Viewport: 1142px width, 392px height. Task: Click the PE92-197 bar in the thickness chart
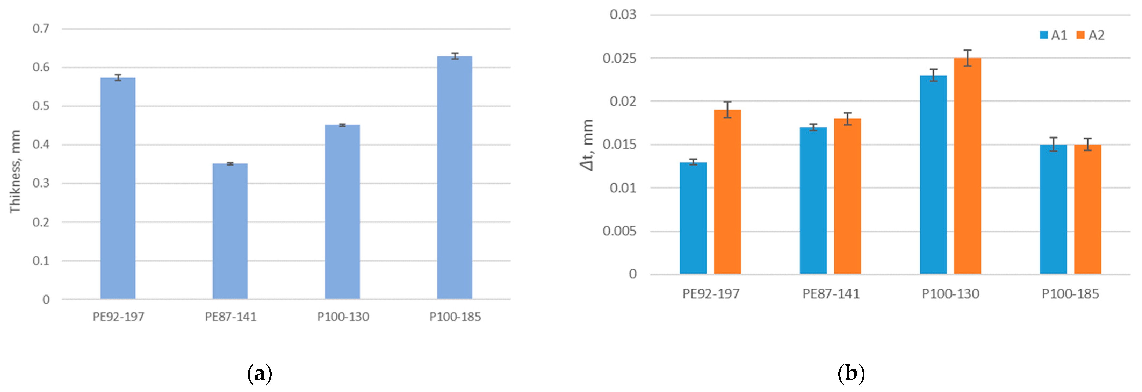coord(118,188)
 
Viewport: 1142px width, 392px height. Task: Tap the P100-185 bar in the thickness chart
coord(454,177)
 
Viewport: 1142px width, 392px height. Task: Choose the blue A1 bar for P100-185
coord(1053,209)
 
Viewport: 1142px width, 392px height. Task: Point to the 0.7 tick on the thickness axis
coord(41,29)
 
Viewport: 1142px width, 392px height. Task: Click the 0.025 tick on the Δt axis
coord(619,58)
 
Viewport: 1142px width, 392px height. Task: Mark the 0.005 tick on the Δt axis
coord(619,231)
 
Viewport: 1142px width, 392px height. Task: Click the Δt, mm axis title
coord(586,145)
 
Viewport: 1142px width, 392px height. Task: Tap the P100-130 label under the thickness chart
coord(343,317)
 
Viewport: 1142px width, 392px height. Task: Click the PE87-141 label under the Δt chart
coord(831,294)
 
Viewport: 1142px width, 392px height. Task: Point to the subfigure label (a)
coord(259,373)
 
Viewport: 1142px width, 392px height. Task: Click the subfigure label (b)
coord(851,373)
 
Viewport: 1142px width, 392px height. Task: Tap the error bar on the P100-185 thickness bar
coord(454,56)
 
